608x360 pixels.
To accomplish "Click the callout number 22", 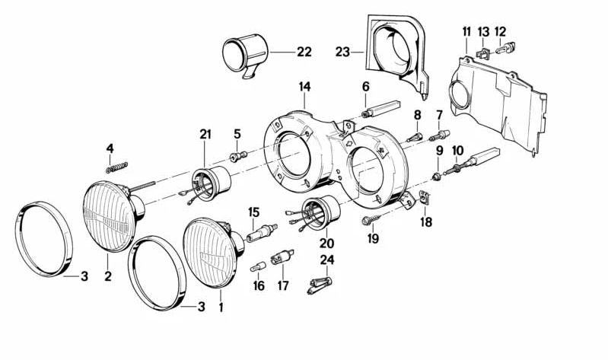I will [x=304, y=53].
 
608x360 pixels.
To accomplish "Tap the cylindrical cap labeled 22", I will [x=241, y=55].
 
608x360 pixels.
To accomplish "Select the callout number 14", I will [x=304, y=88].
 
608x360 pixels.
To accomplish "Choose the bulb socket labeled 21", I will [x=212, y=186].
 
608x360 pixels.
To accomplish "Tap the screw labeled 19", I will [x=368, y=220].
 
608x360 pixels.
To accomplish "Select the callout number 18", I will [x=425, y=221].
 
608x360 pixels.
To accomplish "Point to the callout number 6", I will [x=365, y=86].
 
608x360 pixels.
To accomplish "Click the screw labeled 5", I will [x=238, y=156].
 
